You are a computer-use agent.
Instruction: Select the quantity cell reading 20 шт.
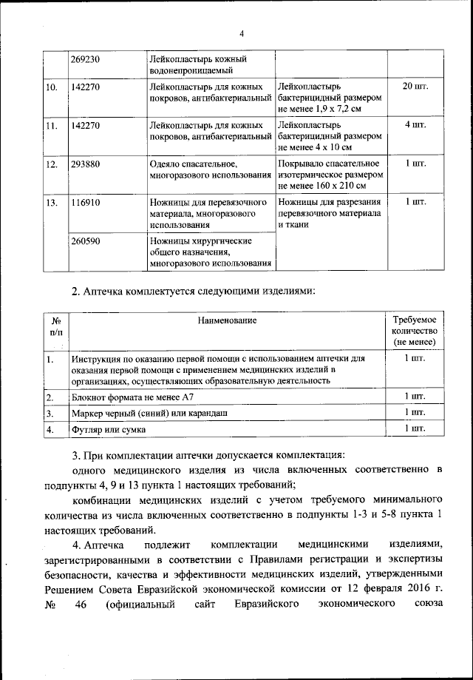point(415,87)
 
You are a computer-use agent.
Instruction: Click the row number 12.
point(52,164)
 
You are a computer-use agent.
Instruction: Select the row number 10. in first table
point(52,87)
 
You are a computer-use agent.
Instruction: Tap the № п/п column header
point(55,327)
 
